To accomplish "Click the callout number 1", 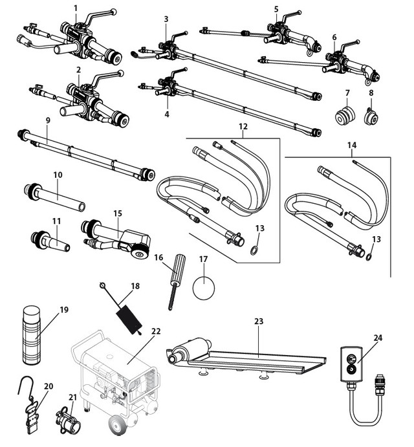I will tap(76, 8).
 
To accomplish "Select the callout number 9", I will tap(48, 121).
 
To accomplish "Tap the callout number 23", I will tap(259, 322).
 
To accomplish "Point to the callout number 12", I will tap(243, 127).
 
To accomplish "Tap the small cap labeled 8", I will tap(371, 117).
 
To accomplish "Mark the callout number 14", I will tap(352, 146).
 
